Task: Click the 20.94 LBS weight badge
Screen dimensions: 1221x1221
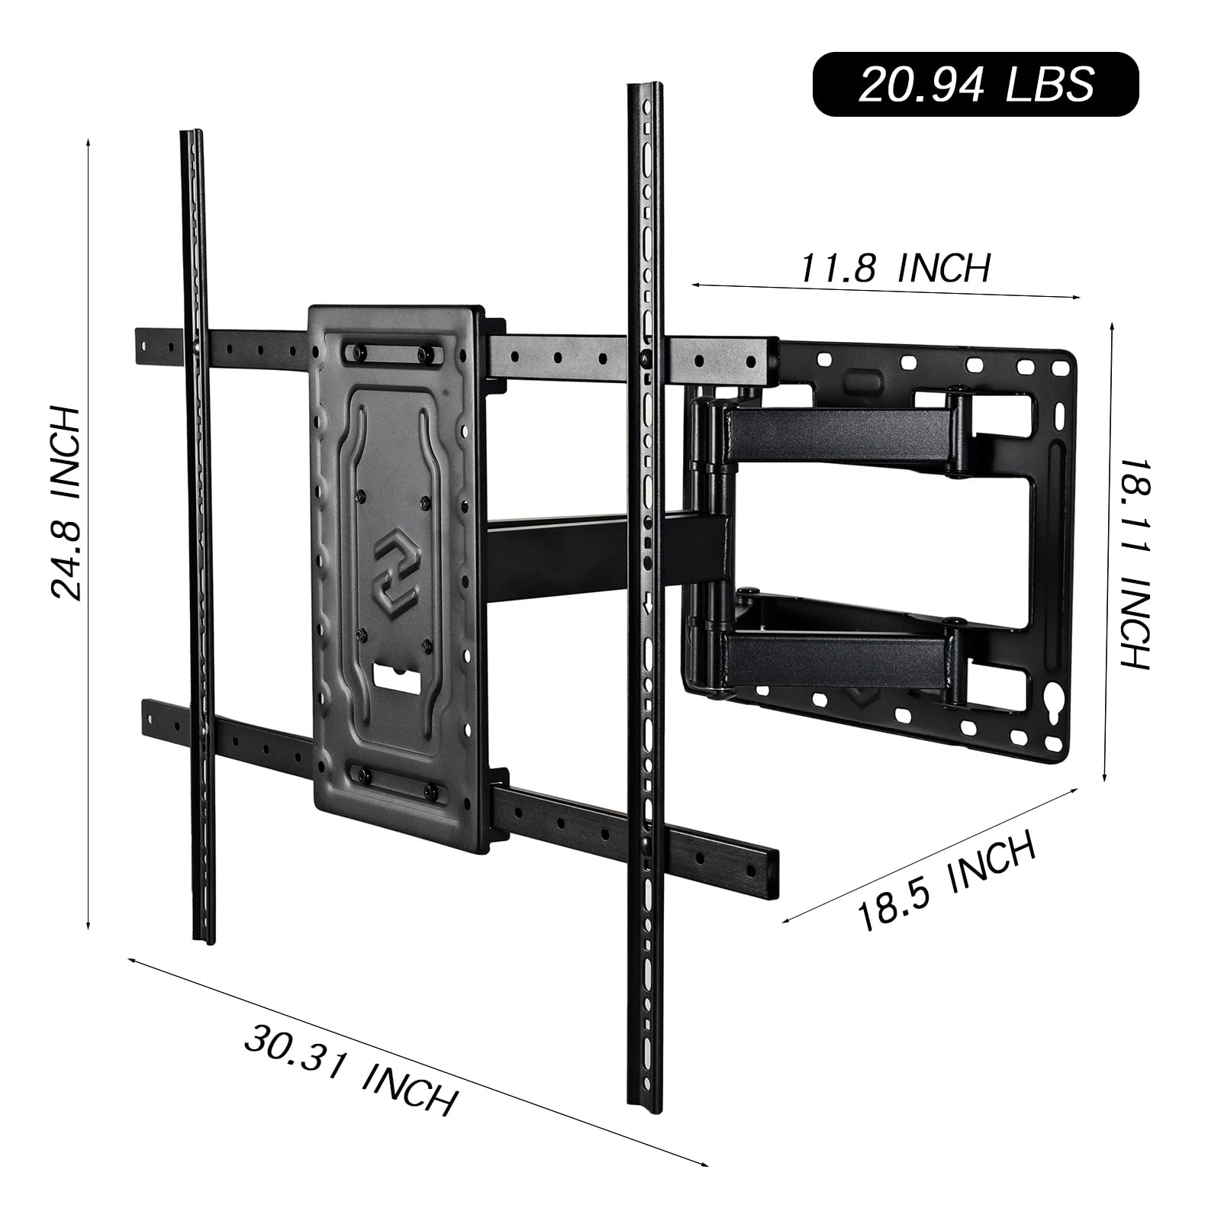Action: (x=975, y=84)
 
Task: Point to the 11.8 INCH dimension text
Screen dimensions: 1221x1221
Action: (x=894, y=268)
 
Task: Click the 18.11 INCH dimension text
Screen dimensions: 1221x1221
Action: (x=1132, y=564)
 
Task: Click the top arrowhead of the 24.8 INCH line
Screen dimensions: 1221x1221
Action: (x=89, y=142)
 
